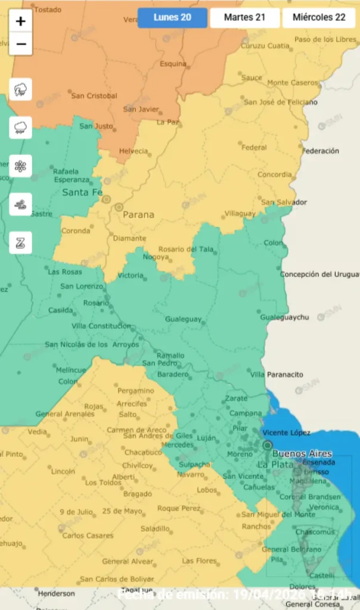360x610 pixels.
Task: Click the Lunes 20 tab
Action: pyautogui.click(x=172, y=17)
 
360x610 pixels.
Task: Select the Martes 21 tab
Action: pyautogui.click(x=244, y=17)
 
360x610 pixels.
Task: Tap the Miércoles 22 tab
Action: pyautogui.click(x=319, y=17)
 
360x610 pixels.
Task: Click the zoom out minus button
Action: pyautogui.click(x=21, y=44)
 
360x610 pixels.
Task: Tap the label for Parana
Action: pyautogui.click(x=138, y=214)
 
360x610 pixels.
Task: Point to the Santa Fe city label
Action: pyautogui.click(x=82, y=192)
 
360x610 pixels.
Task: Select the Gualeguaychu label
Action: pyautogui.click(x=285, y=317)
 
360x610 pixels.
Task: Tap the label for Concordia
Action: pyautogui.click(x=275, y=175)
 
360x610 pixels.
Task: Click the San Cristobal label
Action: pyautogui.click(x=94, y=95)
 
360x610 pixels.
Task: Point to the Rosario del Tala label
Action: pyautogui.click(x=185, y=249)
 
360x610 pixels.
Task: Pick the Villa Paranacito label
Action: pyautogui.click(x=277, y=374)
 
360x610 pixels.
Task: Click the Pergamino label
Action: pyautogui.click(x=135, y=391)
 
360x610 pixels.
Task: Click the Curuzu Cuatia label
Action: pyautogui.click(x=265, y=45)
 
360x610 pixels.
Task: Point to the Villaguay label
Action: pyautogui.click(x=240, y=213)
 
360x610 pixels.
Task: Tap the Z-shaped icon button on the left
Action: pyautogui.click(x=21, y=242)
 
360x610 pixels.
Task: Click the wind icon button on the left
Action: pyautogui.click(x=21, y=204)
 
